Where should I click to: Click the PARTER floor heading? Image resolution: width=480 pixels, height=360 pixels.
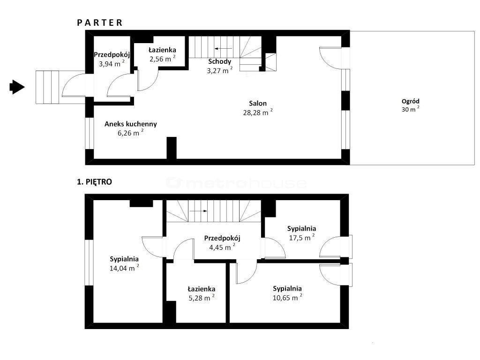(100, 22)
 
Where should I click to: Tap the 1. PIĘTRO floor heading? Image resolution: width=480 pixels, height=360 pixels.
(94, 182)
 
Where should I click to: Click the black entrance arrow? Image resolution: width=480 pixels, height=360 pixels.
(17, 87)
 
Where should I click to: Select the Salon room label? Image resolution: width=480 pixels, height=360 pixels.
(258, 104)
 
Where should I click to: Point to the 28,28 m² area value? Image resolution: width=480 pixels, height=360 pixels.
(258, 112)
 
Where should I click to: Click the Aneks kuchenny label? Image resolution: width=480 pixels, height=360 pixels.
(131, 124)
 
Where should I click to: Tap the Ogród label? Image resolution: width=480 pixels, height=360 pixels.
(411, 101)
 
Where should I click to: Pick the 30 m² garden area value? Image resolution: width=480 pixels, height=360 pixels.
(411, 109)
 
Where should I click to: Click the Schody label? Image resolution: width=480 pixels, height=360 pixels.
(219, 61)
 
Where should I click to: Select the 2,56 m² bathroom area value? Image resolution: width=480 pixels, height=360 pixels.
(163, 59)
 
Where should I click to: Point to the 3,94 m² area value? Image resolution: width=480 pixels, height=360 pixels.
(112, 64)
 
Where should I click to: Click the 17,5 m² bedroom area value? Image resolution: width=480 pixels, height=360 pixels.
(302, 237)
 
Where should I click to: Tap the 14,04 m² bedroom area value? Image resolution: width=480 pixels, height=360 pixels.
(124, 268)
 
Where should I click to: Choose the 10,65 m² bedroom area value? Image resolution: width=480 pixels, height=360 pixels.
(287, 298)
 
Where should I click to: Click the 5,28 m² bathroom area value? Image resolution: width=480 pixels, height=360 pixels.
(202, 298)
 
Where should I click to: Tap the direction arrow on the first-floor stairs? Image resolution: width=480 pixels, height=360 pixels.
(198, 211)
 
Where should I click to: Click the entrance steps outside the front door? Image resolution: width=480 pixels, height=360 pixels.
(47, 87)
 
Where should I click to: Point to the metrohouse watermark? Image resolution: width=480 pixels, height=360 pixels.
(236, 183)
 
